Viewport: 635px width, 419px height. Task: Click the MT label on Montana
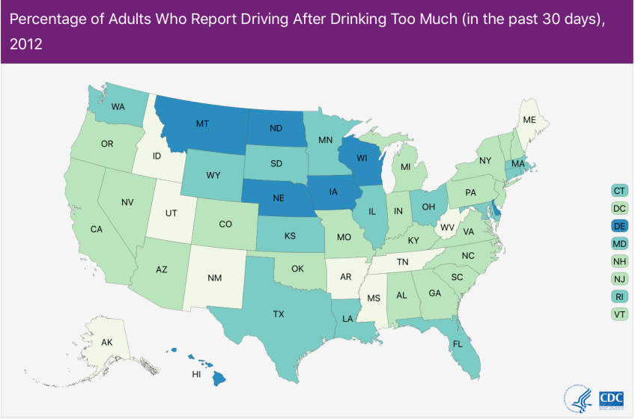[202, 123]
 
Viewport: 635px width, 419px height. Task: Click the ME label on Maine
[529, 120]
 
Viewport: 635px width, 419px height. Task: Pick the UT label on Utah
[171, 213]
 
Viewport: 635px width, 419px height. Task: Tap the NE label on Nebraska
[277, 199]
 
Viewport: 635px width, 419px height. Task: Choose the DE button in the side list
[619, 226]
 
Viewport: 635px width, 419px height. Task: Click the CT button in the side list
[619, 190]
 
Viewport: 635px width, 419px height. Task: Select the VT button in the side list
[619, 314]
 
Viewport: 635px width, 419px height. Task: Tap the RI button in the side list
[619, 296]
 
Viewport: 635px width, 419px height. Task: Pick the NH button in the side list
[619, 261]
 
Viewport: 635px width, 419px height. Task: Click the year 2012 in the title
[26, 44]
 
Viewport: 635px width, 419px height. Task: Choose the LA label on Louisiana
[347, 319]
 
